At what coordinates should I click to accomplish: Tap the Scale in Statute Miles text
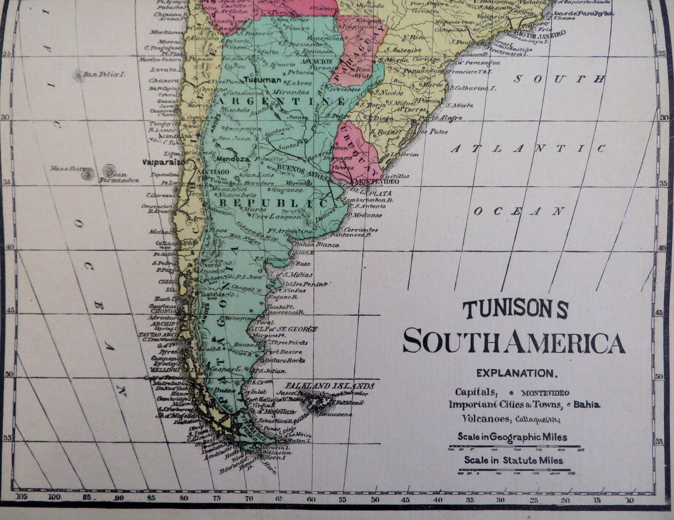(514, 460)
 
